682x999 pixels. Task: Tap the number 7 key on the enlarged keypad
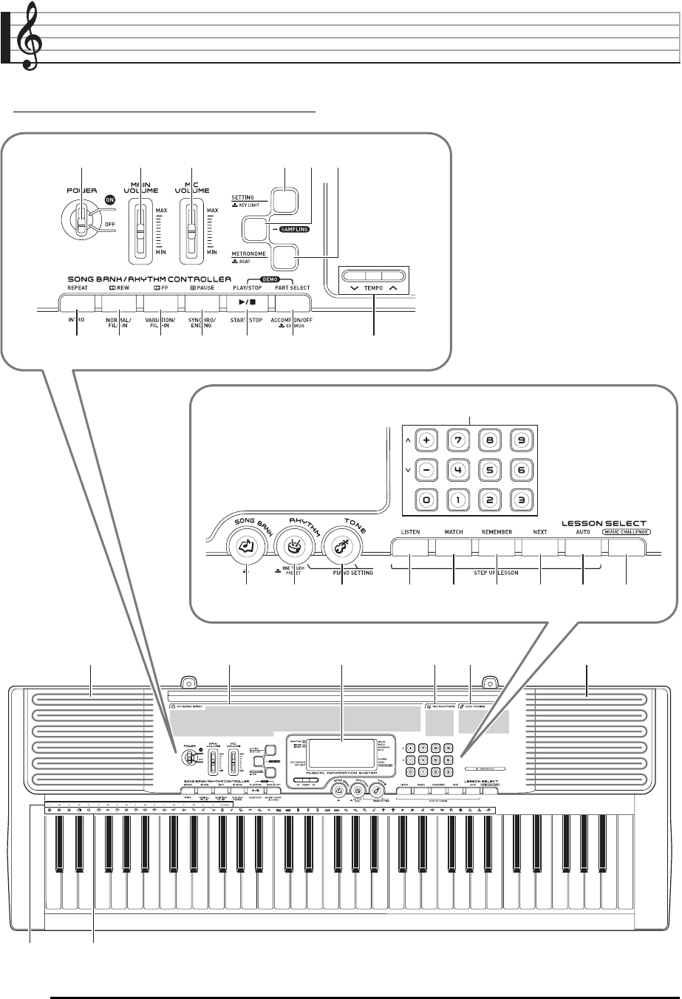[457, 441]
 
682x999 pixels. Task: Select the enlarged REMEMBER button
[497, 548]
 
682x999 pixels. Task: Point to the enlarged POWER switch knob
[80, 217]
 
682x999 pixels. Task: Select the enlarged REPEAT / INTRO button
[78, 303]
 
